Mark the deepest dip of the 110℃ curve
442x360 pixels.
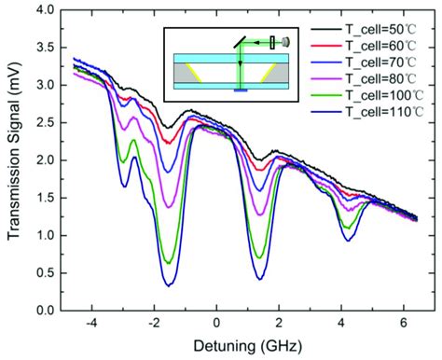169,285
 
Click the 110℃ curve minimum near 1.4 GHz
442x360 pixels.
259,279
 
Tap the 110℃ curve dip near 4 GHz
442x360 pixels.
347,241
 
